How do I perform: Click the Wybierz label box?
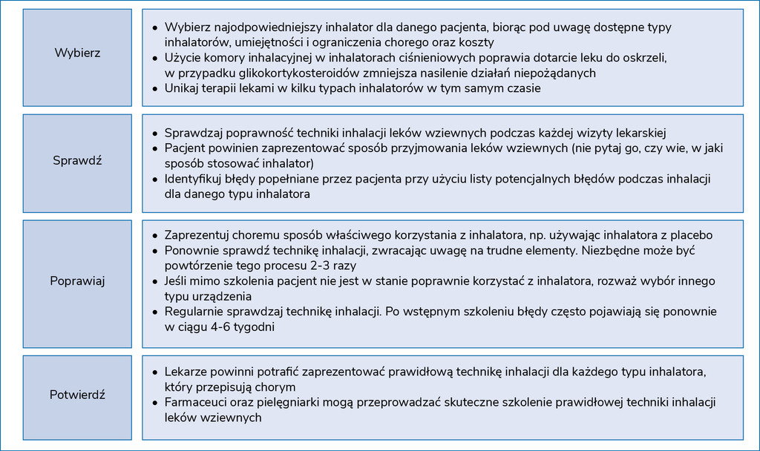(77, 53)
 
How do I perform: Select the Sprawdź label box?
(77, 160)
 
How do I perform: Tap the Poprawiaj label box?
(77, 281)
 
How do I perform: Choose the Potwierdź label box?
(77, 395)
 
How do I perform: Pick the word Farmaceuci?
(195, 402)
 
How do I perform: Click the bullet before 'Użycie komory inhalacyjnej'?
(154, 58)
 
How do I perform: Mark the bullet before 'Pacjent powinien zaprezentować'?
(154, 149)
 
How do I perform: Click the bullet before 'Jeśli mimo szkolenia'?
(154, 282)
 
